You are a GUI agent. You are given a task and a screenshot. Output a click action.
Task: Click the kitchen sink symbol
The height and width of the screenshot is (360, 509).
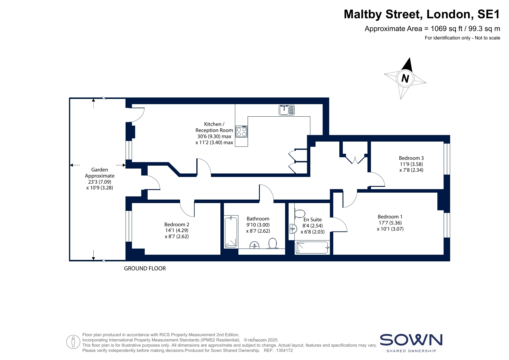[x=287, y=110]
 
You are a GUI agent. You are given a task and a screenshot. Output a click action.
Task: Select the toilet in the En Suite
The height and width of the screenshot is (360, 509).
[x=298, y=214]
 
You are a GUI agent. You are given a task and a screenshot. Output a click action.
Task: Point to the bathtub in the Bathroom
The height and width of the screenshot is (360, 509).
[x=231, y=232]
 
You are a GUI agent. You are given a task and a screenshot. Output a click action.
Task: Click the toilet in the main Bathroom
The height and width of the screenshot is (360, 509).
[x=273, y=243]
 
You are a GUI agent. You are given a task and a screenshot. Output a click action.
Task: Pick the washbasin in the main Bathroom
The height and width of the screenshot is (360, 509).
[x=255, y=245]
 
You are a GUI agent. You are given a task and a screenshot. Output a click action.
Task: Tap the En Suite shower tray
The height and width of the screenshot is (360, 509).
[x=312, y=248]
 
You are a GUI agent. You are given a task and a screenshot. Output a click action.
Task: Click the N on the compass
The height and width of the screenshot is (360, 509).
[x=405, y=78]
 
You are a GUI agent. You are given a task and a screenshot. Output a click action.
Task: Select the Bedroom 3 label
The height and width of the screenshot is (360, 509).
[x=411, y=158]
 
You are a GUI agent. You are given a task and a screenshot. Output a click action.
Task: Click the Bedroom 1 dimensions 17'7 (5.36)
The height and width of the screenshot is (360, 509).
[x=390, y=223]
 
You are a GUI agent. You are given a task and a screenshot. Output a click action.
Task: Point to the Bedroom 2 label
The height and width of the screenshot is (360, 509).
[x=177, y=224]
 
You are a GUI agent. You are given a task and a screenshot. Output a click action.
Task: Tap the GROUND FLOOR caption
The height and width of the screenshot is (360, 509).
[x=145, y=269]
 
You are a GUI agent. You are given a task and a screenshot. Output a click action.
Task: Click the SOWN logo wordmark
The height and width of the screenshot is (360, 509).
[x=411, y=340]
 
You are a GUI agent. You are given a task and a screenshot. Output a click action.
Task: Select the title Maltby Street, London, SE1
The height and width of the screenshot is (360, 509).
[x=422, y=14]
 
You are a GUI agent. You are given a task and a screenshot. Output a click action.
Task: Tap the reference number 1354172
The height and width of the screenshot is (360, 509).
[x=285, y=350]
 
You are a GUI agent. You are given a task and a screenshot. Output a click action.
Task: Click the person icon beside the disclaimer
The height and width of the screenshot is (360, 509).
[x=73, y=342]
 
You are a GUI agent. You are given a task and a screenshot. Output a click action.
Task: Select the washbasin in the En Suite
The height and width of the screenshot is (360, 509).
[x=293, y=229]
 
